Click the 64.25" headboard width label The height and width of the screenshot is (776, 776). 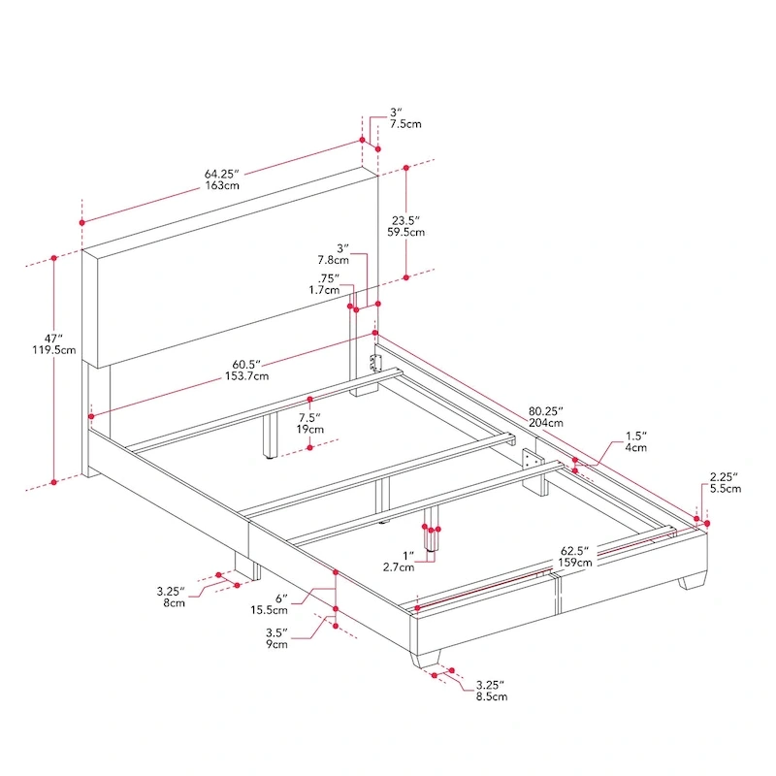point(222,174)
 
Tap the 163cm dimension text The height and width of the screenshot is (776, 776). point(222,185)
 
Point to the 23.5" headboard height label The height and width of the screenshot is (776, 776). point(404,220)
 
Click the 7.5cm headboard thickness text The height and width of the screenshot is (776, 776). point(405,125)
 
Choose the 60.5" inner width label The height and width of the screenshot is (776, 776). point(250,364)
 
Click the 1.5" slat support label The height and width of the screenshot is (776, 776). point(635,436)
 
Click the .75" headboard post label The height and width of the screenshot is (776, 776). point(330,278)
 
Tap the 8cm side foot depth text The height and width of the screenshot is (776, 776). point(174,602)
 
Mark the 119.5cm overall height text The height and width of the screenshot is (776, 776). point(53,350)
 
